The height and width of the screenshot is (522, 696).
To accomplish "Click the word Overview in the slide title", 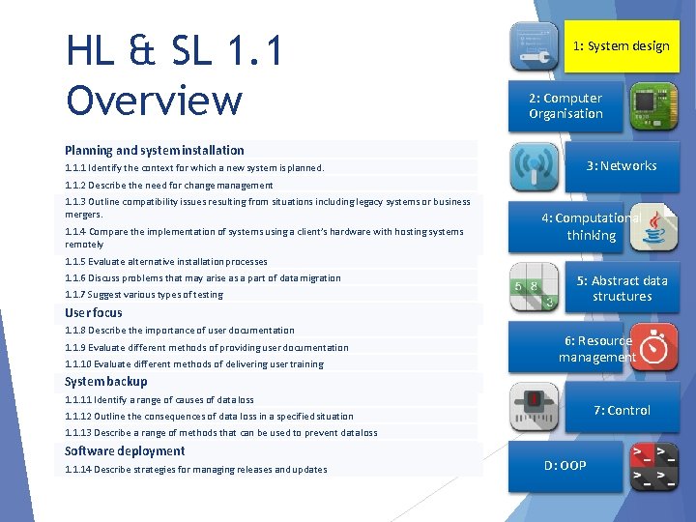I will (x=154, y=100).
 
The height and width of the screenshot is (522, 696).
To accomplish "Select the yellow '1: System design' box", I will (x=621, y=46).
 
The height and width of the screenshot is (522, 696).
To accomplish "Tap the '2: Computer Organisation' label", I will (x=565, y=106).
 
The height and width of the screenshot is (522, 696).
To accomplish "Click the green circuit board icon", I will (x=653, y=106).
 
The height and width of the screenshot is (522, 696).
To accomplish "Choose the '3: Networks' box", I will (x=622, y=166).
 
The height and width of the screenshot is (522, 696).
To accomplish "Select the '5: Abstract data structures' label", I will (x=622, y=288).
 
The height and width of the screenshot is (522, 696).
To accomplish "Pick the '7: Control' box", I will (x=622, y=410).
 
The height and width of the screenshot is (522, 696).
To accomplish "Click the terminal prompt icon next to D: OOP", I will (x=653, y=467).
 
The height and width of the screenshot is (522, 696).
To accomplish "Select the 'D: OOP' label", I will (x=565, y=466).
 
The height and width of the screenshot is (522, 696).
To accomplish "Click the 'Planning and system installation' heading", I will (x=155, y=150).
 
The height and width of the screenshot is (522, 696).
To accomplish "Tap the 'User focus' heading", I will (x=94, y=312).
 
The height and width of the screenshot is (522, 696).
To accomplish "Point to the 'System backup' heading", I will (x=106, y=381).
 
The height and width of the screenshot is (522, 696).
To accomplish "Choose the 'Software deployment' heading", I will (x=125, y=450).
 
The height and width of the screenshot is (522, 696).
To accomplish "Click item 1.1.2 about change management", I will (x=169, y=185).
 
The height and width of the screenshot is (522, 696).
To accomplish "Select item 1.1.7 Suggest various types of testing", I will (x=144, y=295).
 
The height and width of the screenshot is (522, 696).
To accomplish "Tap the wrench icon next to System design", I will (x=534, y=46).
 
